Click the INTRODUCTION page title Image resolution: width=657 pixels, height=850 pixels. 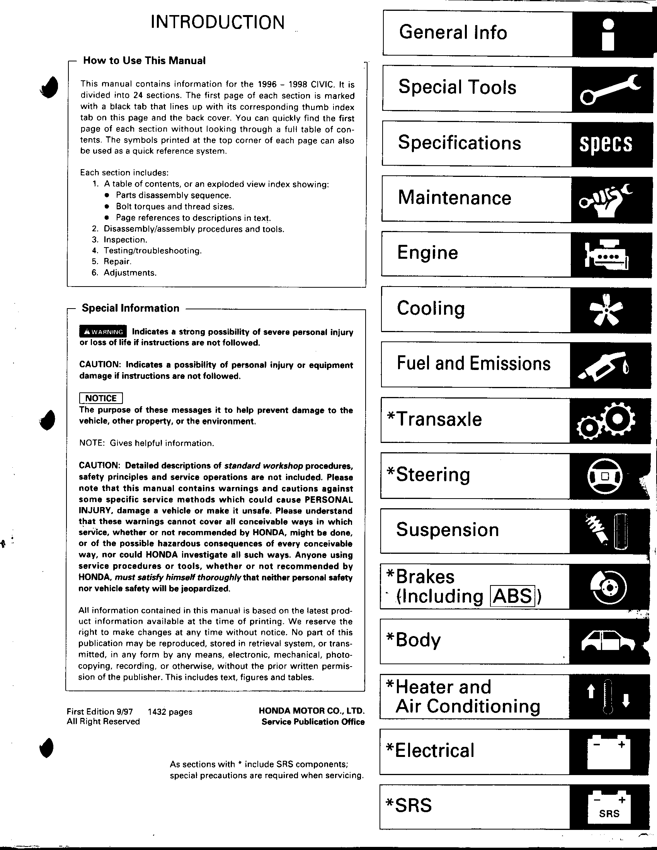pyautogui.click(x=217, y=22)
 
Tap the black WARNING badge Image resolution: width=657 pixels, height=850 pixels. pyautogui.click(x=103, y=332)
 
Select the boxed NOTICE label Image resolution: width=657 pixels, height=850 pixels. pyautogui.click(x=101, y=398)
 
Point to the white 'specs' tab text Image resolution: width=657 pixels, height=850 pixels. pyautogui.click(x=606, y=144)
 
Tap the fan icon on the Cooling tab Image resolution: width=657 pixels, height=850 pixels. pyautogui.click(x=606, y=310)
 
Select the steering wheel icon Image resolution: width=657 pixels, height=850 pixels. pyautogui.click(x=604, y=476)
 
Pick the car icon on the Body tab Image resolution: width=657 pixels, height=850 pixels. pyautogui.click(x=608, y=641)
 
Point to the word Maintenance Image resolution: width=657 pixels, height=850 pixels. pyautogui.click(x=454, y=198)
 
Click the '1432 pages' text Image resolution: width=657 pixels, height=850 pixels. pyautogui.click(x=170, y=711)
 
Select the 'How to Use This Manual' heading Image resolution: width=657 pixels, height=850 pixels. pyautogui.click(x=144, y=61)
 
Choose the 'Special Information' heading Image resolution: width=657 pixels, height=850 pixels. pyautogui.click(x=131, y=308)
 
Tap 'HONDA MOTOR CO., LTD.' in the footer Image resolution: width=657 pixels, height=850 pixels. pyautogui.click(x=311, y=711)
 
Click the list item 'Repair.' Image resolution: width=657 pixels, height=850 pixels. pyautogui.click(x=117, y=261)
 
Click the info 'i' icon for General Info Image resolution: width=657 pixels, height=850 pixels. pyautogui.click(x=608, y=35)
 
